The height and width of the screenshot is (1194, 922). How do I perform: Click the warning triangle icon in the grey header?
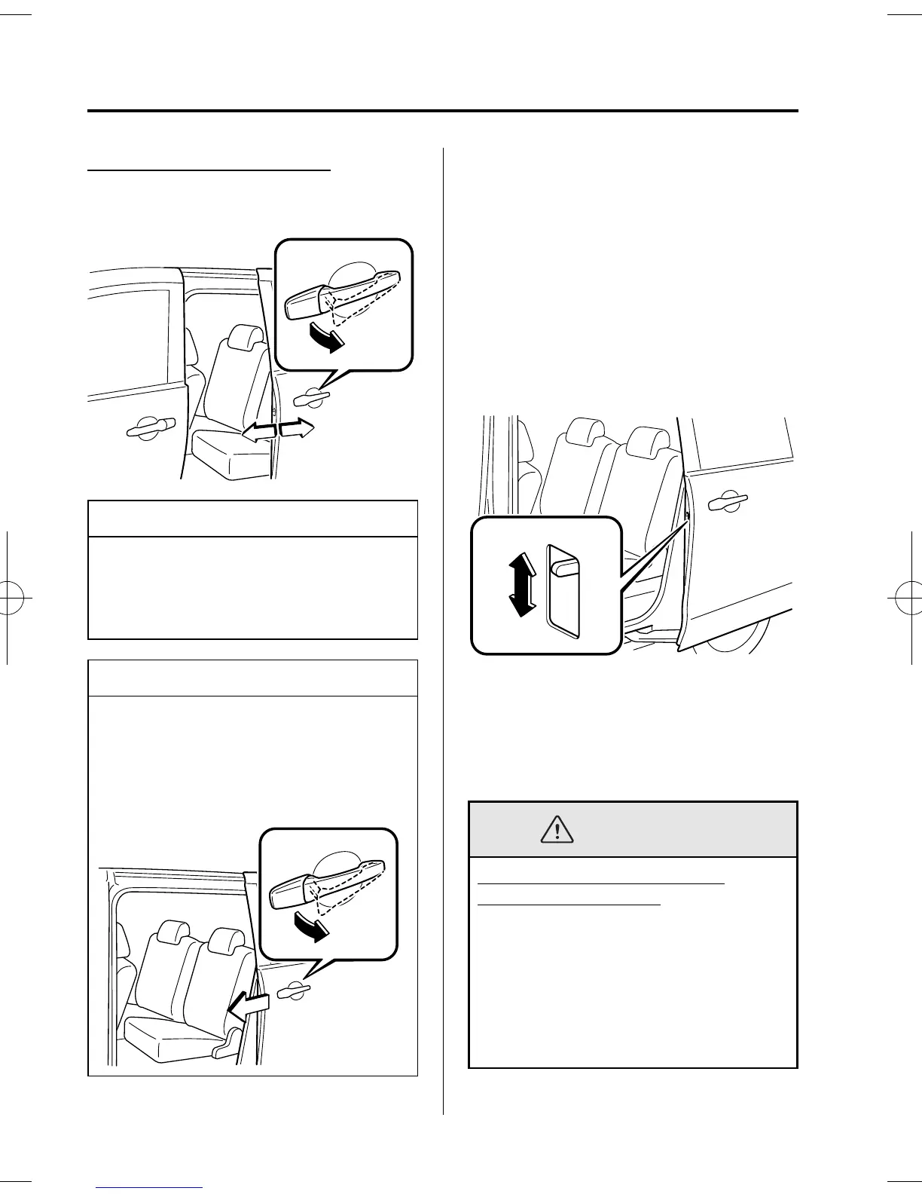pos(557,829)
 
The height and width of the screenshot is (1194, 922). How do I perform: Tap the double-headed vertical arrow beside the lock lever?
pos(519,583)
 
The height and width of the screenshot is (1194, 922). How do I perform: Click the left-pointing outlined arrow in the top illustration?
pos(258,430)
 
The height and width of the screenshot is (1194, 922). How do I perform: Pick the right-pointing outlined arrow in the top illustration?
pos(296,429)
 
